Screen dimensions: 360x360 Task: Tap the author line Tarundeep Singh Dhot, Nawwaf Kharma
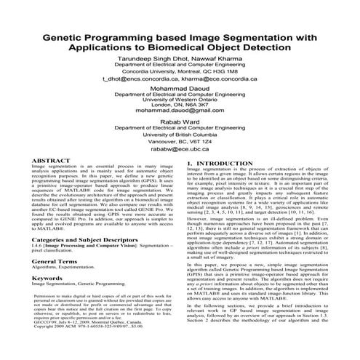(x=180, y=62)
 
